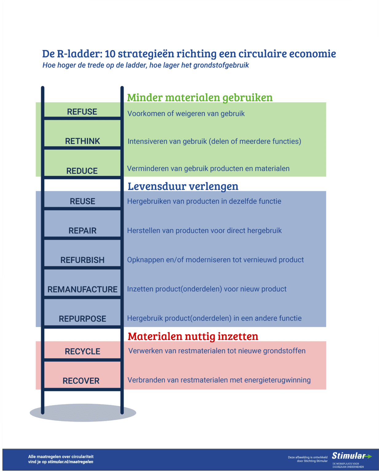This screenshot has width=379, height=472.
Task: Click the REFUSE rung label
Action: click(82, 112)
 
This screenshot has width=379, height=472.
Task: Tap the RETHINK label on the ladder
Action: click(82, 141)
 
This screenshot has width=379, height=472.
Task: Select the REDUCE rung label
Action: click(82, 171)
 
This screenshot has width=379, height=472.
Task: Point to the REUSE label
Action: click(82, 202)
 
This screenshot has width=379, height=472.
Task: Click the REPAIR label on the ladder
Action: click(82, 231)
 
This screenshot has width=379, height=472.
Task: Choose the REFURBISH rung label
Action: click(82, 260)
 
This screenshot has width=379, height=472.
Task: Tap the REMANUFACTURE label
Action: click(82, 289)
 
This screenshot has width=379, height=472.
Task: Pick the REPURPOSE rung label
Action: click(82, 319)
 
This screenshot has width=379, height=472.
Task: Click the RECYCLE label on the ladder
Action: click(82, 352)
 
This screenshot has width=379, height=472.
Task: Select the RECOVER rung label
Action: click(81, 381)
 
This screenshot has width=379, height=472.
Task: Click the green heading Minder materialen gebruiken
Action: click(200, 98)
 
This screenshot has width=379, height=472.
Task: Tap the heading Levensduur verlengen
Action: click(183, 187)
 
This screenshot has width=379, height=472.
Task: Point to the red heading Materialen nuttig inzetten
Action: click(193, 336)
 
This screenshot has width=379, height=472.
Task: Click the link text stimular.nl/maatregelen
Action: click(70, 462)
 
